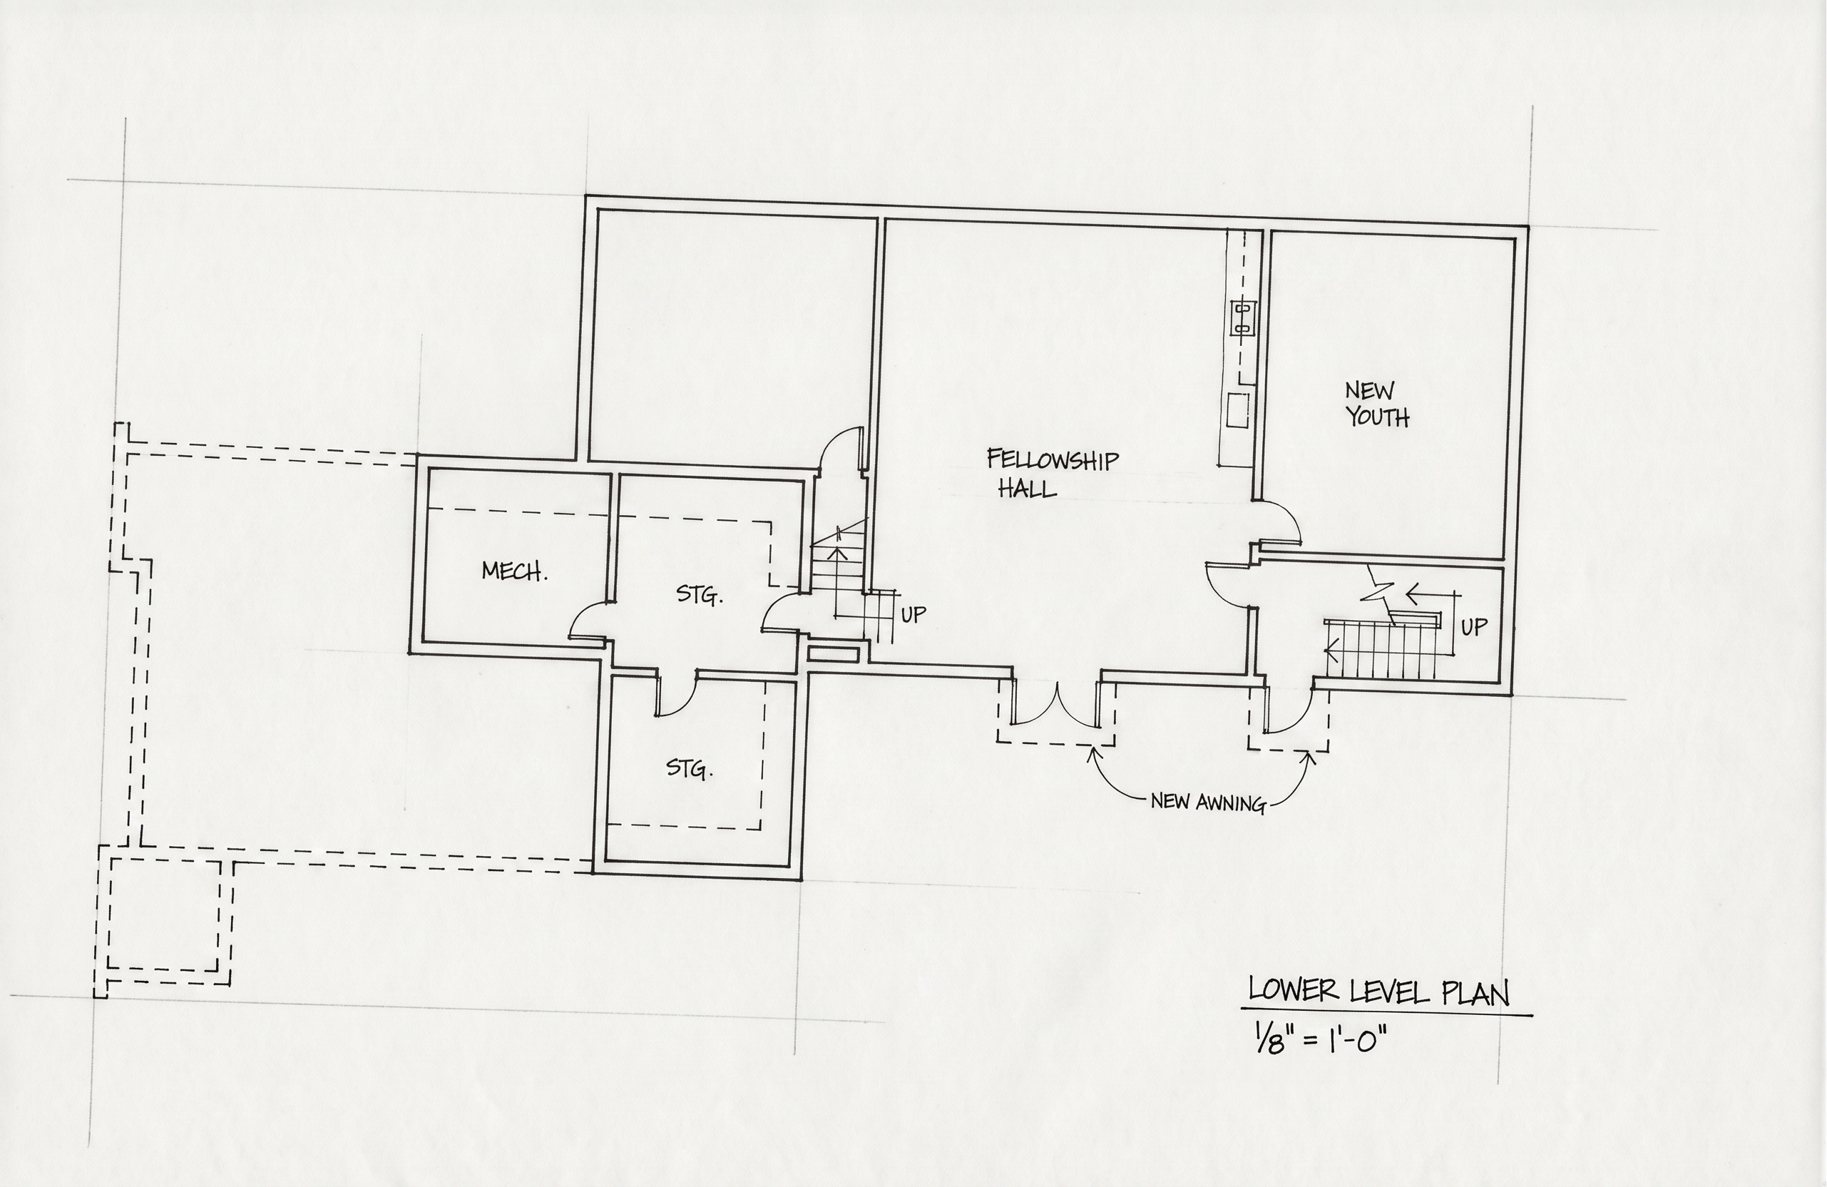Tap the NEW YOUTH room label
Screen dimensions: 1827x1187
tap(1377, 404)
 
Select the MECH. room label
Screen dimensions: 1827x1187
tap(514, 571)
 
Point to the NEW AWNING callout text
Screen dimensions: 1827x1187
tap(1207, 803)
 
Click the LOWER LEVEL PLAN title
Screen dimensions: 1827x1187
tap(1378, 992)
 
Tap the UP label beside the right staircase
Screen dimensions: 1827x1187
tap(1473, 627)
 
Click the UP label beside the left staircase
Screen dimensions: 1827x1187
tap(913, 615)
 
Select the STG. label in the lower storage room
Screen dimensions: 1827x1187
tap(690, 768)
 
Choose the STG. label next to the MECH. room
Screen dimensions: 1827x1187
tap(700, 594)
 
